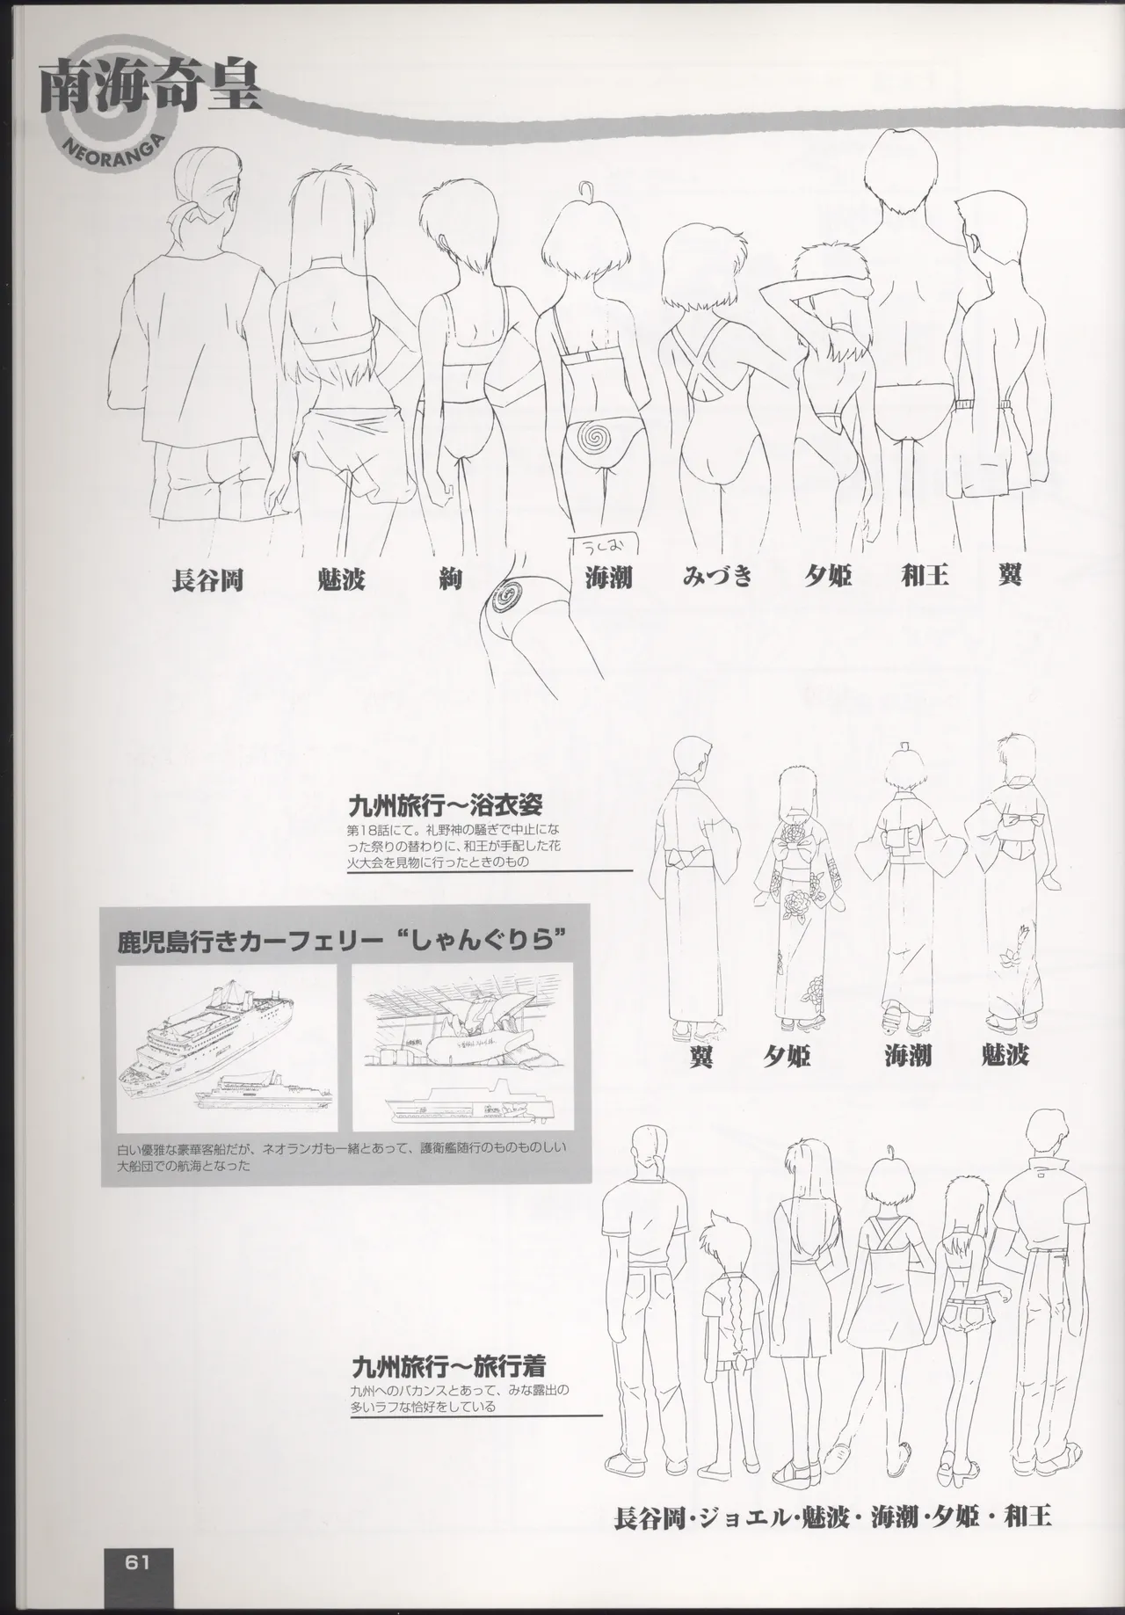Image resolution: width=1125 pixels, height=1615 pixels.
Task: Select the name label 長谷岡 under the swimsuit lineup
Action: click(207, 581)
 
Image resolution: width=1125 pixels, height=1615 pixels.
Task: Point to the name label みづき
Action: click(718, 578)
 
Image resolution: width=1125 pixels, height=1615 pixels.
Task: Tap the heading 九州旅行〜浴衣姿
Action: click(446, 805)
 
